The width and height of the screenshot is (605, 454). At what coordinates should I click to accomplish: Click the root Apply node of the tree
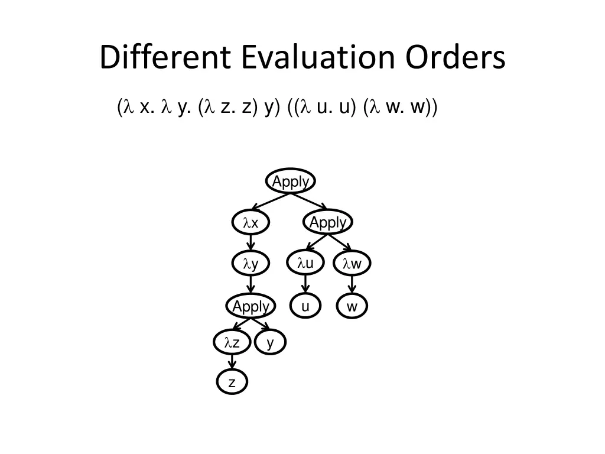coord(290,181)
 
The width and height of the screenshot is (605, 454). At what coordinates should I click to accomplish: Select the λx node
coord(251,223)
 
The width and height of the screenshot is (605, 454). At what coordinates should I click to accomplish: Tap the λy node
coord(251,264)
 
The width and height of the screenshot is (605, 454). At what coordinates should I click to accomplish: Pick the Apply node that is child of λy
coord(251,306)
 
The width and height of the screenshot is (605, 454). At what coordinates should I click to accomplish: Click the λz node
coord(231,342)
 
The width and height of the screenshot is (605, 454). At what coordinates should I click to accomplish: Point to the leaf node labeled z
coord(232,382)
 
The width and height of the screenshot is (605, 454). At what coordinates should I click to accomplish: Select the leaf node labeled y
coord(270,342)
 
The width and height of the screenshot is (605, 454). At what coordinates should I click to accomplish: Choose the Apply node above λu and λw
coord(328,223)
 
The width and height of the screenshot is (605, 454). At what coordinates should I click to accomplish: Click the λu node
coord(305,263)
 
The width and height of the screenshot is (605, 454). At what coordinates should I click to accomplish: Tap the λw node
coord(352,264)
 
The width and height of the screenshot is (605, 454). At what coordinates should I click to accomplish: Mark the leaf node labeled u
coord(305,306)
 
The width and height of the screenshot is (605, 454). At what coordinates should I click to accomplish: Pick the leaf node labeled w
coord(352,306)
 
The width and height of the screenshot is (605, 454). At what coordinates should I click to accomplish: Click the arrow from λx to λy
coord(251,244)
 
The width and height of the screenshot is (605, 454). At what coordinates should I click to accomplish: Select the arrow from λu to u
coord(305,285)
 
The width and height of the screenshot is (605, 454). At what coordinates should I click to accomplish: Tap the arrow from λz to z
coord(232,362)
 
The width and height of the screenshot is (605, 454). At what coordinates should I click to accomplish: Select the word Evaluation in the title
coord(321,57)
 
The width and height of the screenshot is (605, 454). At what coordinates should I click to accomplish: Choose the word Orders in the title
coord(456,57)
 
